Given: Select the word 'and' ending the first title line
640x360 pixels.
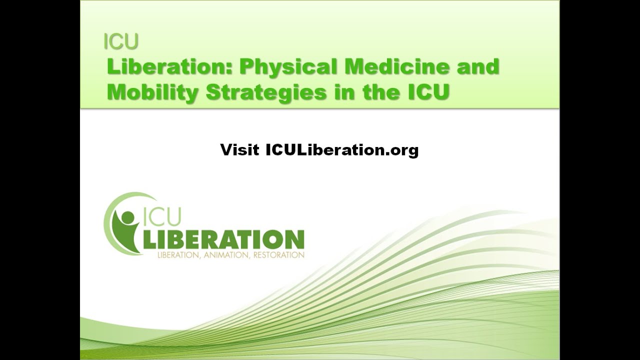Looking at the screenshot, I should pos(477,66).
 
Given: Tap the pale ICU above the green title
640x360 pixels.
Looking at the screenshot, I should pos(121,42).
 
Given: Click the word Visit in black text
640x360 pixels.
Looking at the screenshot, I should pos(239,149).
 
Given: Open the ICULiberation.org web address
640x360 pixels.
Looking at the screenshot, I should pos(342,149).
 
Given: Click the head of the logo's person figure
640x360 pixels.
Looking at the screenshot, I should pos(128,217).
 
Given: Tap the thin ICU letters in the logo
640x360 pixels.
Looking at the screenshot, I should pos(162,216).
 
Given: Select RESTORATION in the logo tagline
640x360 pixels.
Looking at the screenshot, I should pos(278,255).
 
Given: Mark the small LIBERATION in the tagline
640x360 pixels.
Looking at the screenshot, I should pos(178,255).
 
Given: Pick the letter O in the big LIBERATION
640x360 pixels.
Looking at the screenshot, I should pos(274,239).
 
